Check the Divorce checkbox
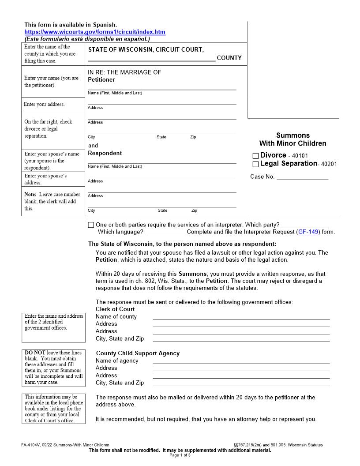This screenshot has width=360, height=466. click(255, 156)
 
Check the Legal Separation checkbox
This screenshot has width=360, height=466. click(255, 164)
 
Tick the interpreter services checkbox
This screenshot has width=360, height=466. click(91, 225)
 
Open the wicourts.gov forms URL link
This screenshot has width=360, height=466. click(95, 32)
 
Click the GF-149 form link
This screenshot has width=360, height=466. click(308, 232)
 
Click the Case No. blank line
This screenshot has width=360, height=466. click(302, 177)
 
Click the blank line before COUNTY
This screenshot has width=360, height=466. click(151, 58)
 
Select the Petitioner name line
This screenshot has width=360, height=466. click(162, 87)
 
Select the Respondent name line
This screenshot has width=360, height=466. click(162, 161)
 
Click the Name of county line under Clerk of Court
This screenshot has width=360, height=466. click(241, 317)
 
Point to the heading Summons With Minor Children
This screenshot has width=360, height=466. click(293, 139)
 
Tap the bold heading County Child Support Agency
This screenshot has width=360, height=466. click(138, 353)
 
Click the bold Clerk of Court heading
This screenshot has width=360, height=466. click(115, 309)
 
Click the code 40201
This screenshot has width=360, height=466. click(329, 164)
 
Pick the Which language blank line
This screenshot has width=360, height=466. click(165, 232)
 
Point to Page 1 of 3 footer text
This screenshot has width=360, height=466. click(180, 455)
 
